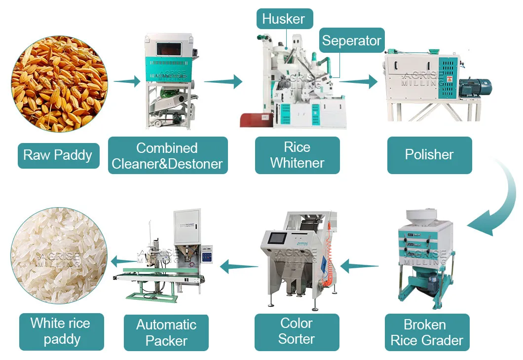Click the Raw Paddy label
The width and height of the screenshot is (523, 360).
(58, 155)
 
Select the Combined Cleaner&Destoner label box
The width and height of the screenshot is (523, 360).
(168, 155)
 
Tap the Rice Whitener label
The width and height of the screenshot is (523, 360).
(297, 155)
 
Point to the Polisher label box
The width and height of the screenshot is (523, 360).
(429, 155)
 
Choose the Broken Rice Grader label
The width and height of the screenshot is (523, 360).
(427, 332)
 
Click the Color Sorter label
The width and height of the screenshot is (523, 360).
(297, 332)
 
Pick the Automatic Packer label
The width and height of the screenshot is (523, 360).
(166, 333)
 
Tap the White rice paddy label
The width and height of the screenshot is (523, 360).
(61, 332)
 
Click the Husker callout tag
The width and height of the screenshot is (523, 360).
(285, 19)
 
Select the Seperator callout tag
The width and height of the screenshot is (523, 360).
(352, 40)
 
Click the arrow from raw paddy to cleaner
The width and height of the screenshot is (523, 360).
(127, 81)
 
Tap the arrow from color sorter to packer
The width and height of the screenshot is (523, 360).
(239, 266)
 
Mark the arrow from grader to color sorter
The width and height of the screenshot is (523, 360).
(359, 266)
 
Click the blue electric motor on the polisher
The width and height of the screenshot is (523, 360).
(474, 88)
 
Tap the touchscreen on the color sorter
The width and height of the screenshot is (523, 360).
(277, 239)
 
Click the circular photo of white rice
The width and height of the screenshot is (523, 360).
(59, 255)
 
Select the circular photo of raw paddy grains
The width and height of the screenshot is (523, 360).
(59, 84)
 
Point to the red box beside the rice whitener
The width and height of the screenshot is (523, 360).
(257, 120)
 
